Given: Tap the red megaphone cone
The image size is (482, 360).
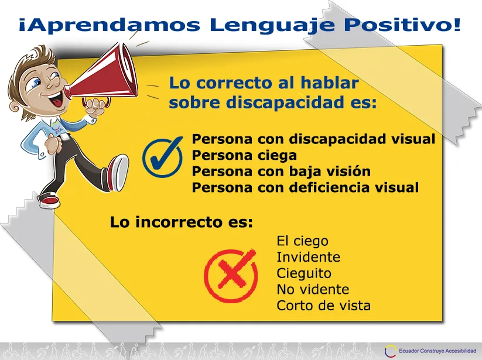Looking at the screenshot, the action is click(x=101, y=77).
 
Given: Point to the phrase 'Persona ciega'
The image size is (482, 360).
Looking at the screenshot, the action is click(x=244, y=155).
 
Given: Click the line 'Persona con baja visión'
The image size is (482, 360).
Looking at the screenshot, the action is click(x=281, y=171).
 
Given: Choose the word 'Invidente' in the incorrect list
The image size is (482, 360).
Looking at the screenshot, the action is click(x=308, y=257).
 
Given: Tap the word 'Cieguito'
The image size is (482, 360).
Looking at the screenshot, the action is click(x=304, y=273).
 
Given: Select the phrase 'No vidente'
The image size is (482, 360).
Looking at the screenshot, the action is click(x=313, y=289).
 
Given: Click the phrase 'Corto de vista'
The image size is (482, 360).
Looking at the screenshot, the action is click(x=324, y=306).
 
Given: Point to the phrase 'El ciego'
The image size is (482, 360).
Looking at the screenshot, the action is click(x=302, y=241).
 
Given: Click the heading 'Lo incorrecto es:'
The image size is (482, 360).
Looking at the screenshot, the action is click(x=182, y=222).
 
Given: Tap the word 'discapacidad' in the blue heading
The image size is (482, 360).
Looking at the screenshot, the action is click(x=285, y=102).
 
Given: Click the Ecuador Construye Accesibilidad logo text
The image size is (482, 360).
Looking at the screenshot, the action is click(x=437, y=351).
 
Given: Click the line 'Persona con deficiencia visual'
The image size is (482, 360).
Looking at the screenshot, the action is click(x=305, y=187).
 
